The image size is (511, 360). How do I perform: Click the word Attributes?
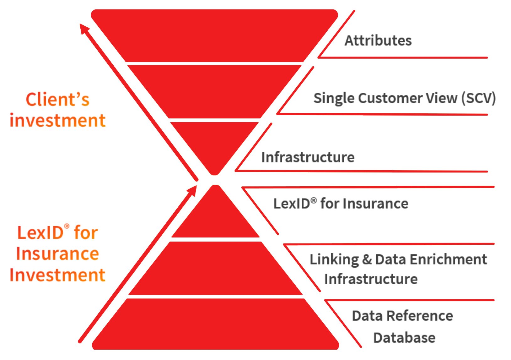click(x=378, y=41)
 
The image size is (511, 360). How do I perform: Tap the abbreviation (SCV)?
click(x=478, y=98)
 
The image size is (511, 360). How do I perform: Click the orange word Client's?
click(x=57, y=100)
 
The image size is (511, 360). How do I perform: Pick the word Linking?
click(x=334, y=260)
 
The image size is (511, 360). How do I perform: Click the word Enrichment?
click(x=448, y=260)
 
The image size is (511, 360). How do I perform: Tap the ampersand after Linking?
click(x=367, y=260)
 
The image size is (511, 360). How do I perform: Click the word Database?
click(x=404, y=338)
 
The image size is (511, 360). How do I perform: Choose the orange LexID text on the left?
click(x=40, y=233)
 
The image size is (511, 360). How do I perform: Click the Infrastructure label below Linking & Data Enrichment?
click(x=371, y=279)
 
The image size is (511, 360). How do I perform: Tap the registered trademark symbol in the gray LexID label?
click(x=314, y=200)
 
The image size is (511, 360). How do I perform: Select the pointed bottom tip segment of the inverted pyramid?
click(x=214, y=145)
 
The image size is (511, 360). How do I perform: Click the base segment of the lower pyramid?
click(x=216, y=324)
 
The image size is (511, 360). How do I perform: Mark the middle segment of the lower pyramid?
click(x=216, y=269)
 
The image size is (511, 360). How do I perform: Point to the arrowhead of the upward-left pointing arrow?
click(x=84, y=29)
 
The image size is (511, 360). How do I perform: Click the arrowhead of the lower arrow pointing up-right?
click(x=192, y=190)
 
